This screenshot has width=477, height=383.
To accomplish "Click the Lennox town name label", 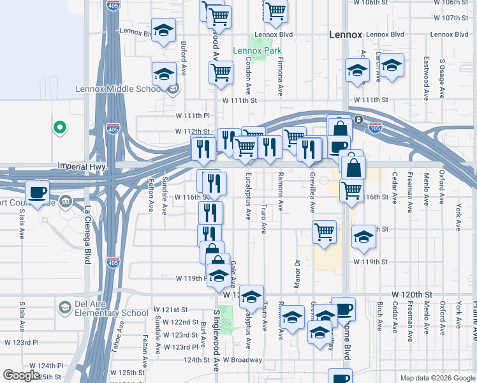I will click(x=345, y=34).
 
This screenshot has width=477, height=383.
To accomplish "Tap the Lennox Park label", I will click(x=257, y=50).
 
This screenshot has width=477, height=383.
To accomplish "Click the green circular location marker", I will click(x=60, y=128).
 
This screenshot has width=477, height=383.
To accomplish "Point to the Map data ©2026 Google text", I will click(x=437, y=378).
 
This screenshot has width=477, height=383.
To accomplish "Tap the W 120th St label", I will click(x=412, y=294).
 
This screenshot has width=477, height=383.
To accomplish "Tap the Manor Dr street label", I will click(x=297, y=271).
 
